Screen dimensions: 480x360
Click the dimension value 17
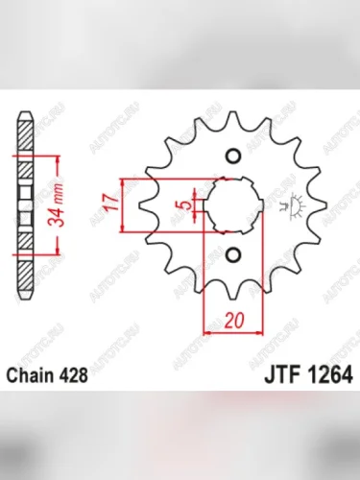tap(112, 204)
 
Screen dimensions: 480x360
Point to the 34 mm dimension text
tap(58, 203)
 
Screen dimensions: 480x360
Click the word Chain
tap(34, 375)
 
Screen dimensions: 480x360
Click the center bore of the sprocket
tap(233, 204)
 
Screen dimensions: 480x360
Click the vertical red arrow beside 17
tap(125, 204)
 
